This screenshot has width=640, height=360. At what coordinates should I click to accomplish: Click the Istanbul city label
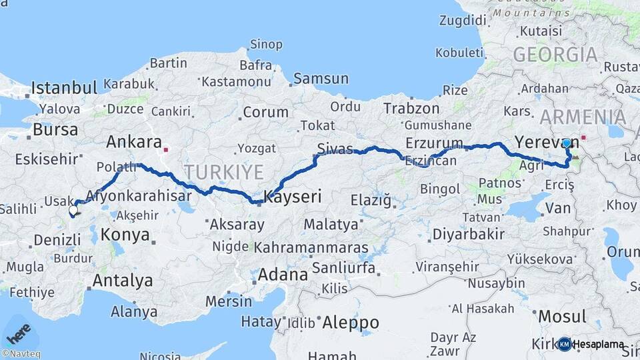pyautogui.click(x=64, y=87)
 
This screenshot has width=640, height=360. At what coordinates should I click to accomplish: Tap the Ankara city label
pyautogui.click(x=134, y=142)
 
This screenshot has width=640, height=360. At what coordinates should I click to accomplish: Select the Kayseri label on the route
pyautogui.click(x=293, y=197)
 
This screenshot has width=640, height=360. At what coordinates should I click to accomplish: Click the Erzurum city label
pyautogui.click(x=434, y=143)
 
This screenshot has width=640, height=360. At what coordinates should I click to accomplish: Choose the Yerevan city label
pyautogui.click(x=537, y=141)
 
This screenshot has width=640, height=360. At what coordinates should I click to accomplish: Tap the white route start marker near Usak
pyautogui.click(x=73, y=211)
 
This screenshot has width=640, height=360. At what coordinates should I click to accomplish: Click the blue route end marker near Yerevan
pyautogui.click(x=566, y=143)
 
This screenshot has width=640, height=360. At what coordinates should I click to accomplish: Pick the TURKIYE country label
pyautogui.click(x=224, y=172)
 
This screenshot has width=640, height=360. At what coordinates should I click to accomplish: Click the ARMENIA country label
pyautogui.click(x=583, y=117)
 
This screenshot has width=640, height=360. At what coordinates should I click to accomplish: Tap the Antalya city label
pyautogui.click(x=122, y=281)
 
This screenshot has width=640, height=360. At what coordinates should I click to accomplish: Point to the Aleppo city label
pyautogui.click(x=350, y=323)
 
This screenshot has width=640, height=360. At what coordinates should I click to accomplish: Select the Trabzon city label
pyautogui.click(x=411, y=108)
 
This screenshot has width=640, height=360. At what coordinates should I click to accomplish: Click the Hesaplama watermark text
pyautogui.click(x=599, y=345)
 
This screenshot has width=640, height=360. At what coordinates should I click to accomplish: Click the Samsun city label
pyautogui.click(x=321, y=79)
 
